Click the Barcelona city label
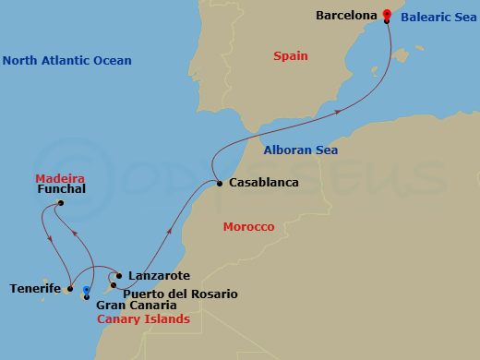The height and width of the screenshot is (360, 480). click(x=347, y=16)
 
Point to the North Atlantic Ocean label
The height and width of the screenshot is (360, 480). click(x=67, y=61)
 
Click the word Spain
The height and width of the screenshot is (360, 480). click(x=290, y=56)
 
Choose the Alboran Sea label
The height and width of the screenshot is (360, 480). click(x=300, y=150)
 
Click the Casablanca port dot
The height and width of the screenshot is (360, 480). click(x=219, y=184)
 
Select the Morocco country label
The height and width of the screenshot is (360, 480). click(x=249, y=227)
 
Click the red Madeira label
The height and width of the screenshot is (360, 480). click(x=60, y=177)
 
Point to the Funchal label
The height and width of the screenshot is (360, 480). click(x=61, y=189)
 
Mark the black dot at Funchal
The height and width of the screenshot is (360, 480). click(x=61, y=203)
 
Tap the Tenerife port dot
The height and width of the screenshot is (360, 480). click(x=67, y=288)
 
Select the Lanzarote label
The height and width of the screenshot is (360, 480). click(x=160, y=275)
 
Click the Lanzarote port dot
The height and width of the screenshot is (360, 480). click(x=120, y=275)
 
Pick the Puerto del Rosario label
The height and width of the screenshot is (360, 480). click(x=180, y=294)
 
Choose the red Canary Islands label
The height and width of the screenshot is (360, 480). click(x=143, y=319)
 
